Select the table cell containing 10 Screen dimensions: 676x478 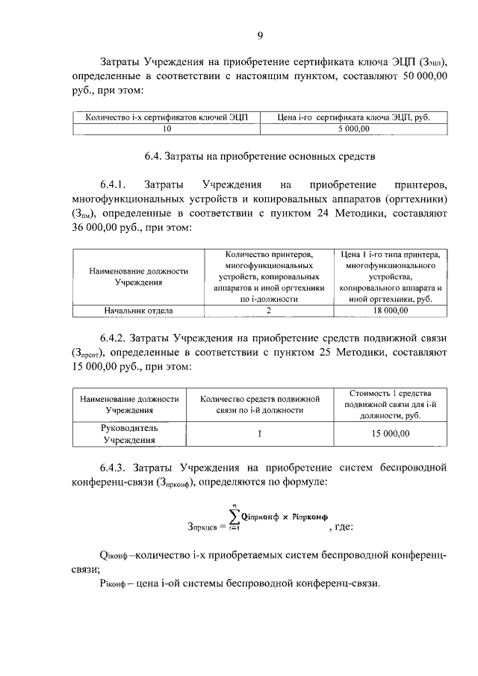[x=167, y=128]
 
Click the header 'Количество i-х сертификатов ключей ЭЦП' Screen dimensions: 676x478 [x=167, y=117]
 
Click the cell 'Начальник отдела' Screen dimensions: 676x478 [x=139, y=310]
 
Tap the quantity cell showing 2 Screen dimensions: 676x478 [x=268, y=310]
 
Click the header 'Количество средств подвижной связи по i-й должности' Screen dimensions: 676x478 [x=259, y=404]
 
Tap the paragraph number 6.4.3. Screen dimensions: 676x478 [x=117, y=468]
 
